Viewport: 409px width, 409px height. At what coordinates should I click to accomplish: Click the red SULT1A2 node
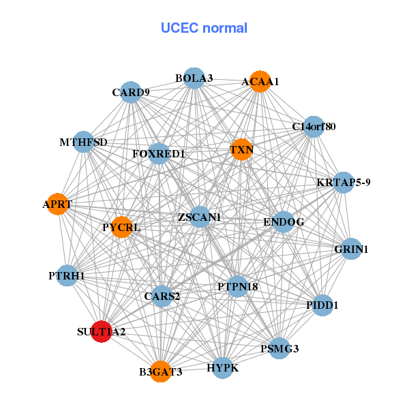(101, 331)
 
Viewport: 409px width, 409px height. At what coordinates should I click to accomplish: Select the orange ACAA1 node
(260, 82)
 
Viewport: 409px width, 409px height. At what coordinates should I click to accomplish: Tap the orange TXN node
(241, 149)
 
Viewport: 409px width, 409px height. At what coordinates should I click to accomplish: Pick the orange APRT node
(57, 204)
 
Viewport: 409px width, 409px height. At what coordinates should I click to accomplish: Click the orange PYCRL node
(121, 226)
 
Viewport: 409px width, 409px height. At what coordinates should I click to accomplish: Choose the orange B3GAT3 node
(160, 372)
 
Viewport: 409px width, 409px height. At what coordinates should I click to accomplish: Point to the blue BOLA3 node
(194, 78)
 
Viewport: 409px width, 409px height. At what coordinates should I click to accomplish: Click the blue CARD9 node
(130, 92)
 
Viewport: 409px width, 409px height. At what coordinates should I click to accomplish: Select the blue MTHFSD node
(83, 142)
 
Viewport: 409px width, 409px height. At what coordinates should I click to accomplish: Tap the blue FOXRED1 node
(159, 153)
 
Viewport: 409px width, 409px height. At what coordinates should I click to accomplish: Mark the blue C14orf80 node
(313, 126)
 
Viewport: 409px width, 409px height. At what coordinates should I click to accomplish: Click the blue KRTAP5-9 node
(344, 183)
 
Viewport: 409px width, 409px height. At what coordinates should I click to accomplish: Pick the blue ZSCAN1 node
(199, 217)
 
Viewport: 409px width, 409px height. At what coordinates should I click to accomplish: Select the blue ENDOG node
(284, 222)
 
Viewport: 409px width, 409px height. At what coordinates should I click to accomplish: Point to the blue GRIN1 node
(351, 249)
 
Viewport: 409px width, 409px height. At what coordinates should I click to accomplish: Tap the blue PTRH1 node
(67, 275)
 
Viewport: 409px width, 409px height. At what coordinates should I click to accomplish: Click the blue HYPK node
(222, 368)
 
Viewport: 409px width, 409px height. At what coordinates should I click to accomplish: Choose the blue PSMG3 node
(279, 348)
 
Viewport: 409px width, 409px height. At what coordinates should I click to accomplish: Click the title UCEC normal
(204, 28)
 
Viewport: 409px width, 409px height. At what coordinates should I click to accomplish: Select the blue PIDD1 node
(322, 305)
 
